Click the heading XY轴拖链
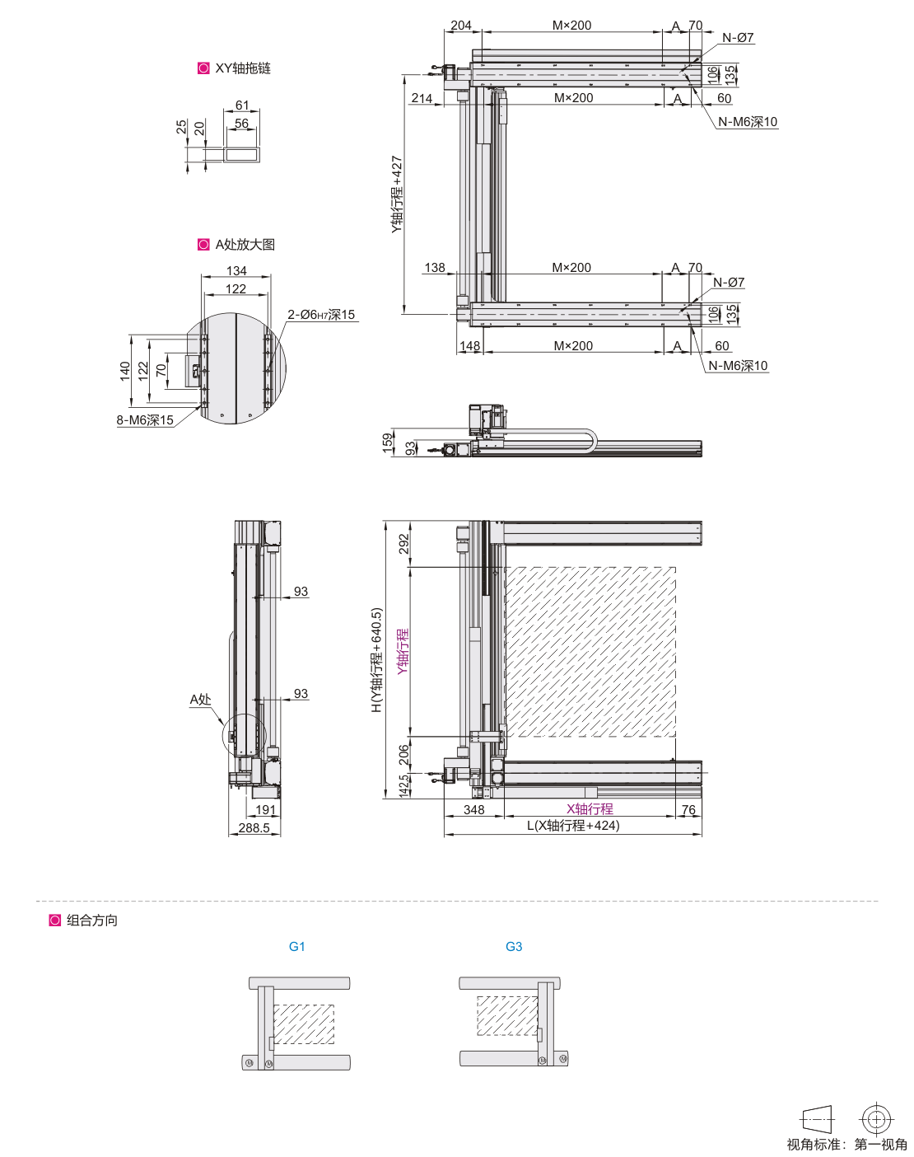243,68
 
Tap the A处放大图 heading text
245,245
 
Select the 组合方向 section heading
92,920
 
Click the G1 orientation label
297,946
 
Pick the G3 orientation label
514,946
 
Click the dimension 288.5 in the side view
254,828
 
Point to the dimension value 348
474,810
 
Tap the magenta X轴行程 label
590,808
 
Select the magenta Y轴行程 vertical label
403,651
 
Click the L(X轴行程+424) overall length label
573,825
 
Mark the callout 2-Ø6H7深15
321,315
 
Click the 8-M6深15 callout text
145,420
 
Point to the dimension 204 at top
461,26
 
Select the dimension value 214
422,98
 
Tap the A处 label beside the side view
200,700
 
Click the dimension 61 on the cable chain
242,105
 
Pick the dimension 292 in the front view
403,544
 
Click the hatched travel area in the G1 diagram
304,1024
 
